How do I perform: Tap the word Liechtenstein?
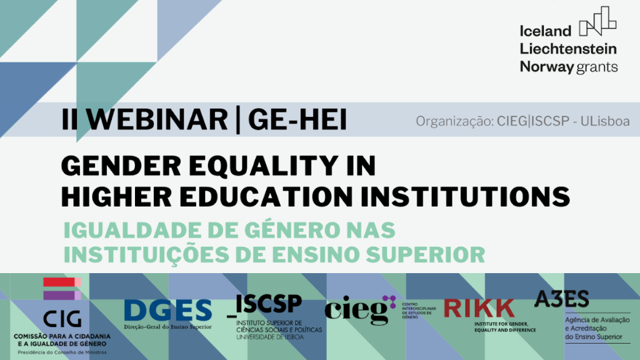pyautogui.click(x=568, y=49)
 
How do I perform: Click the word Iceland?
pyautogui.click(x=546, y=31)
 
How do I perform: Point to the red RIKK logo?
pyautogui.click(x=479, y=308)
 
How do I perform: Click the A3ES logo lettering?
pyautogui.click(x=561, y=299)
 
